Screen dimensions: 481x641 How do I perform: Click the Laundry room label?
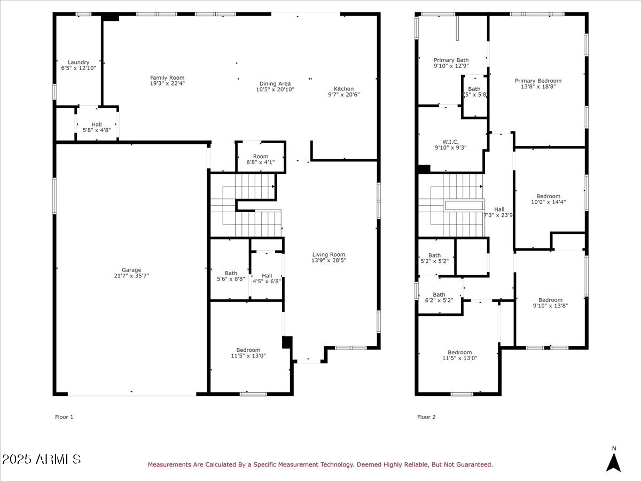click(79, 63)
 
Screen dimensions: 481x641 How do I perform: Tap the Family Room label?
click(167, 78)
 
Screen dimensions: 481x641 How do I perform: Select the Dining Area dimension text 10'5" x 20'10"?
click(275, 90)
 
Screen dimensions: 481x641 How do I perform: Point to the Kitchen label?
click(344, 89)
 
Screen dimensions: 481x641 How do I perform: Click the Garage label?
click(131, 270)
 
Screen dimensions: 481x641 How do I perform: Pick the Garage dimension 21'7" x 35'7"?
click(131, 276)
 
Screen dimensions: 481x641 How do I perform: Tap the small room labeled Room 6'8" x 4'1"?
click(261, 159)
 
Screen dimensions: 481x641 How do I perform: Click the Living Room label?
click(329, 255)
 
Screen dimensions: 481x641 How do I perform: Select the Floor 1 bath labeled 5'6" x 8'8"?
click(231, 276)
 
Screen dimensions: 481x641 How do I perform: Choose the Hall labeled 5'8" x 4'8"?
click(96, 127)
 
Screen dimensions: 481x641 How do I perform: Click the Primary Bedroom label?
click(538, 81)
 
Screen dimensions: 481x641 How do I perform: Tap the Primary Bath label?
click(451, 60)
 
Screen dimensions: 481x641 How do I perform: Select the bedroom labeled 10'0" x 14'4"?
click(549, 199)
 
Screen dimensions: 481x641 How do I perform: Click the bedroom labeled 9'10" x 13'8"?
click(550, 302)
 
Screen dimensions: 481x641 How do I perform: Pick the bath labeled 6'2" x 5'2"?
click(439, 297)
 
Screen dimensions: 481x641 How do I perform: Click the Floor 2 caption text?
click(426, 417)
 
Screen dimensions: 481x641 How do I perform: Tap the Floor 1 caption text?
click(64, 417)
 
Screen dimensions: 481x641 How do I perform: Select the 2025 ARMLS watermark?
click(41, 459)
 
